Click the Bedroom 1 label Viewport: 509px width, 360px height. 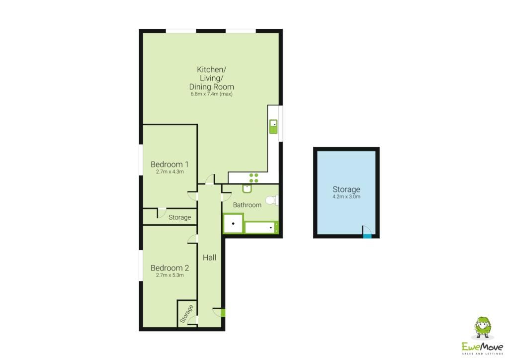pyautogui.click(x=170, y=164)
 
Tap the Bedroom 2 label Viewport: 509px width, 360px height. pyautogui.click(x=170, y=268)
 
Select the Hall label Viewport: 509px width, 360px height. pyautogui.click(x=209, y=258)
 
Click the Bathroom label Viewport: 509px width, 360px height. pyautogui.click(x=247, y=205)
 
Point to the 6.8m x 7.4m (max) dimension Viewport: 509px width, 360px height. pyautogui.click(x=211, y=94)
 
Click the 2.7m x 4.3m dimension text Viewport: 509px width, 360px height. pyautogui.click(x=170, y=172)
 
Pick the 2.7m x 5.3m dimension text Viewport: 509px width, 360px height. pyautogui.click(x=170, y=275)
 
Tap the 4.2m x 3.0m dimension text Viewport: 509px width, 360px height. pyautogui.click(x=346, y=196)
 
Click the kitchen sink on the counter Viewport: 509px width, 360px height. pyautogui.click(x=273, y=127)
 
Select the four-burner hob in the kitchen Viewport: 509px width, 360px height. pyautogui.click(x=254, y=178)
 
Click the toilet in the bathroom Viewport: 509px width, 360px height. pyautogui.click(x=272, y=200)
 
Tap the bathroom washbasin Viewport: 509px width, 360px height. pyautogui.click(x=247, y=188)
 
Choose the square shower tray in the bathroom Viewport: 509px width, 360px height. pyautogui.click(x=233, y=223)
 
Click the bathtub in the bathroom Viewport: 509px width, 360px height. pyautogui.click(x=261, y=227)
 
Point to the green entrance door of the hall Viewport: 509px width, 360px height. pyautogui.click(x=223, y=313)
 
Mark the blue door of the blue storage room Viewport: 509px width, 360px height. pyautogui.click(x=367, y=236)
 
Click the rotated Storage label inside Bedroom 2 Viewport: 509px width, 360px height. pyautogui.click(x=187, y=314)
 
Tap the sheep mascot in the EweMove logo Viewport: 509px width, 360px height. pyautogui.click(x=483, y=328)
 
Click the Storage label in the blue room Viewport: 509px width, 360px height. pyautogui.click(x=346, y=189)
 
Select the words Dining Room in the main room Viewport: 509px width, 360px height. pyautogui.click(x=211, y=87)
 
